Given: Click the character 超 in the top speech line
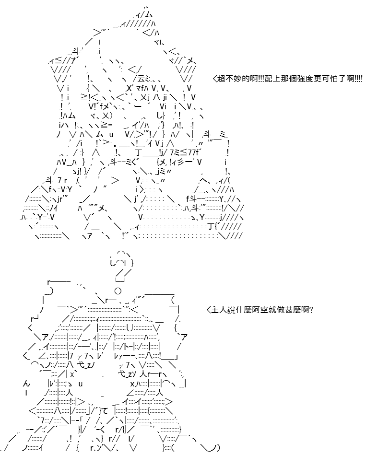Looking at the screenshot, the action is click(221, 79).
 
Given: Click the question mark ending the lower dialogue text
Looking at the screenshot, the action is click(311, 310).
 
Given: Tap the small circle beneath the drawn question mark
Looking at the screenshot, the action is click(118, 291).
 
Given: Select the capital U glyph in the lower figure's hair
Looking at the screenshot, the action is click(130, 328).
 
